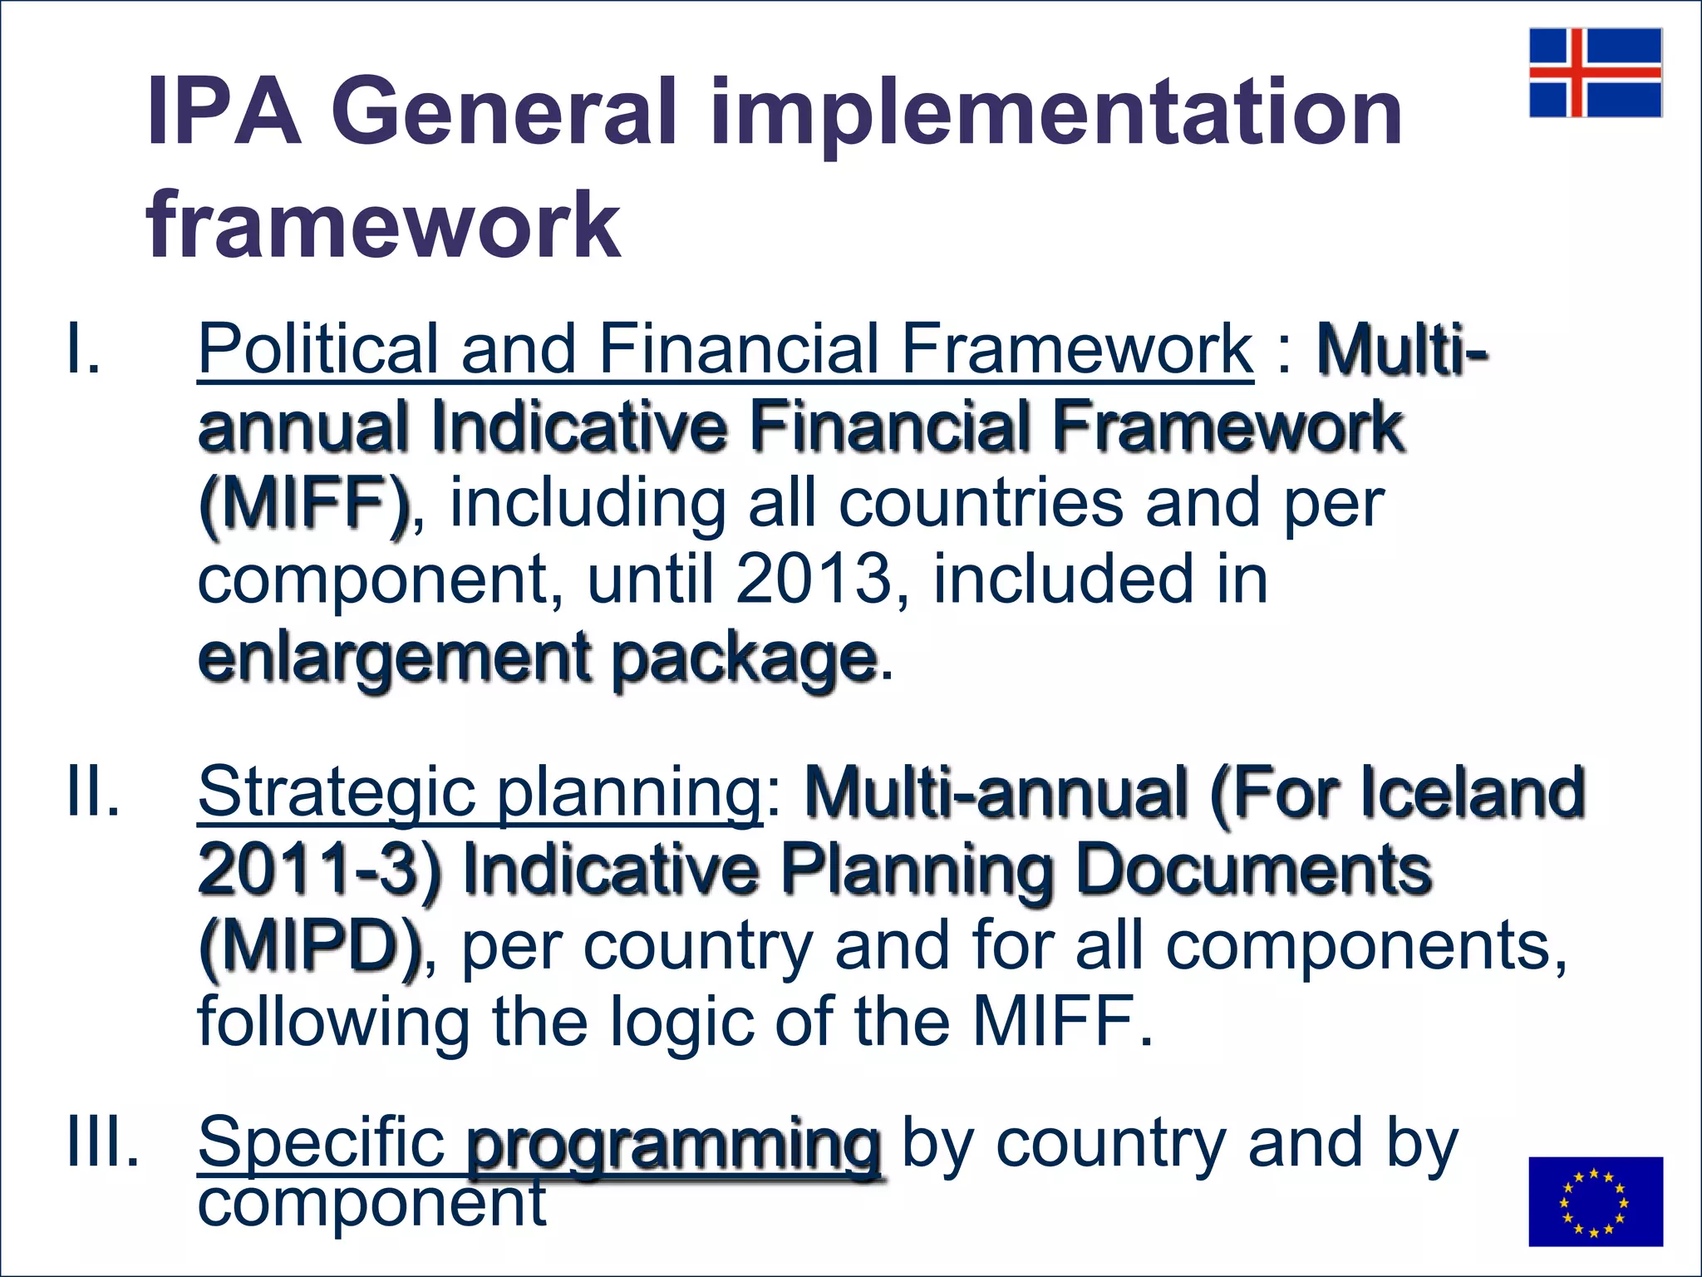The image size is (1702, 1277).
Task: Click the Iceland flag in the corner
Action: (x=1595, y=72)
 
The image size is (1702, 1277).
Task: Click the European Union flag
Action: (x=1595, y=1201)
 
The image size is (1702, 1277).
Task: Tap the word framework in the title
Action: (x=383, y=224)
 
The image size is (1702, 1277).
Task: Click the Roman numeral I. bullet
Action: (x=83, y=349)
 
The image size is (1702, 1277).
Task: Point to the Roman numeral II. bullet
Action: (x=93, y=791)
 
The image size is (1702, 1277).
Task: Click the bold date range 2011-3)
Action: (x=320, y=870)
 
